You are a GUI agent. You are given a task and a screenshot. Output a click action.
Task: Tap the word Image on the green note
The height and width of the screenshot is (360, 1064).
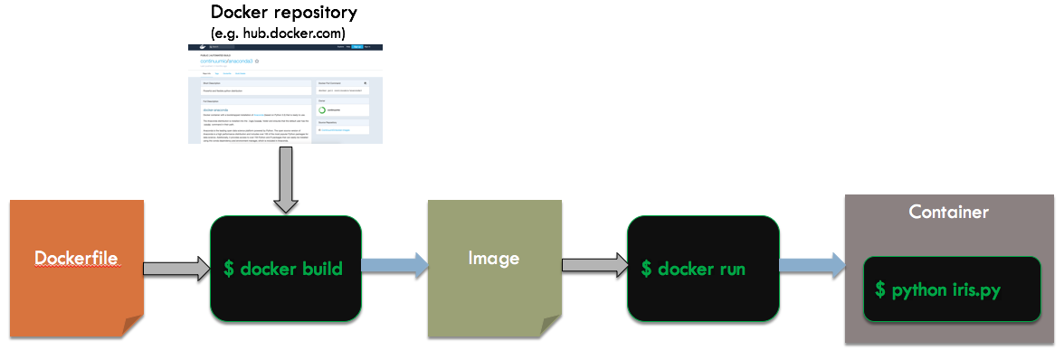[494, 258]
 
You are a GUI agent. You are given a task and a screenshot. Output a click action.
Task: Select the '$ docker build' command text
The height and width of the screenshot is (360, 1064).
[283, 269]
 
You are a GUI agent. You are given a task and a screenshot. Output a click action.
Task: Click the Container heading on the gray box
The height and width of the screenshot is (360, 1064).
[948, 212]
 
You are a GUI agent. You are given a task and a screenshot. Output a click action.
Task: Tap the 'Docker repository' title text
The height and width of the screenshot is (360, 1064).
[283, 13]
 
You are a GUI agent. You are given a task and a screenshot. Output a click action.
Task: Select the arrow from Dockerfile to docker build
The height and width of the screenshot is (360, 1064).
[176, 269]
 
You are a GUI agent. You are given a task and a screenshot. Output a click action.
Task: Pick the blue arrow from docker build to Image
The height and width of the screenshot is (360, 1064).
[394, 265]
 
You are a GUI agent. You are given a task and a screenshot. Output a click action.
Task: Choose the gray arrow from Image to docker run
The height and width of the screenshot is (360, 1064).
[594, 265]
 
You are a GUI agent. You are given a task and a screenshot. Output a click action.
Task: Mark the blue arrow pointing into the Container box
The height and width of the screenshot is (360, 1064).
[812, 265]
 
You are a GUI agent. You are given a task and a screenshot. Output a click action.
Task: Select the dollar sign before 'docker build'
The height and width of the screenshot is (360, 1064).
[230, 269]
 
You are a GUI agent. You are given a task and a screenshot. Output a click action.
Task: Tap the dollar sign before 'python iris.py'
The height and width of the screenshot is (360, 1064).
[880, 289]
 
